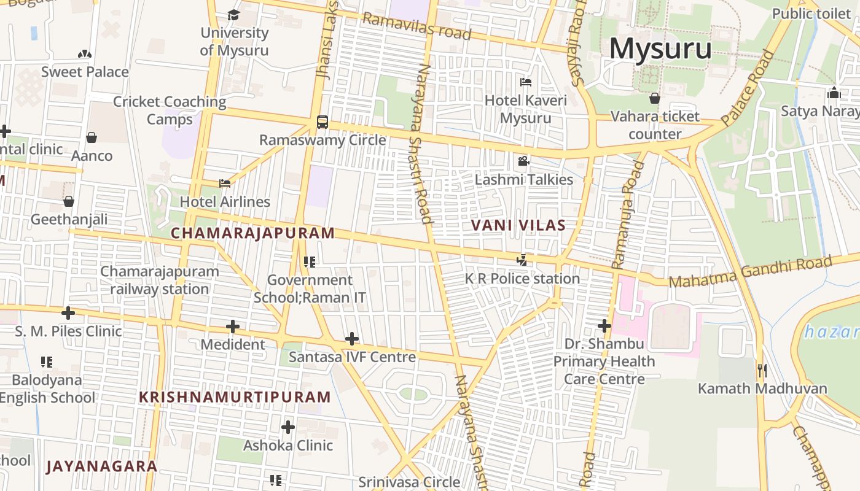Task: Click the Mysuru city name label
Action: pos(660,49)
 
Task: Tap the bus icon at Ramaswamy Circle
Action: pos(322,122)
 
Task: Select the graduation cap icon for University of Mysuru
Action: pos(233,15)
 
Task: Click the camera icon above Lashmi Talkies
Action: pos(523,161)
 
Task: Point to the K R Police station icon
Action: pos(522,260)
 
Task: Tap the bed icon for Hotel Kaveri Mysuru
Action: pos(526,82)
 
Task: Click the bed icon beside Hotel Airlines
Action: pos(225,183)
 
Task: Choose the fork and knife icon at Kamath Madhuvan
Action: pos(762,370)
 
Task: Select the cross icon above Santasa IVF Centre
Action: pos(352,339)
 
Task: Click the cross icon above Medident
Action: pos(232,327)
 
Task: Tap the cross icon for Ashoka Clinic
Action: pos(287,427)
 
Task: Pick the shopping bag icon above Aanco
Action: pos(92,137)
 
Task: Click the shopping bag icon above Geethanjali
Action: pos(69,201)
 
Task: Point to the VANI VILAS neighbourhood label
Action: pos(518,225)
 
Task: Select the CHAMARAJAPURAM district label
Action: pos(252,233)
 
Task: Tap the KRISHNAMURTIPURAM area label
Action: pos(235,397)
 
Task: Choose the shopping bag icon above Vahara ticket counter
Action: pos(655,98)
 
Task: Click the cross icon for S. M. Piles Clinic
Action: pos(68,314)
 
